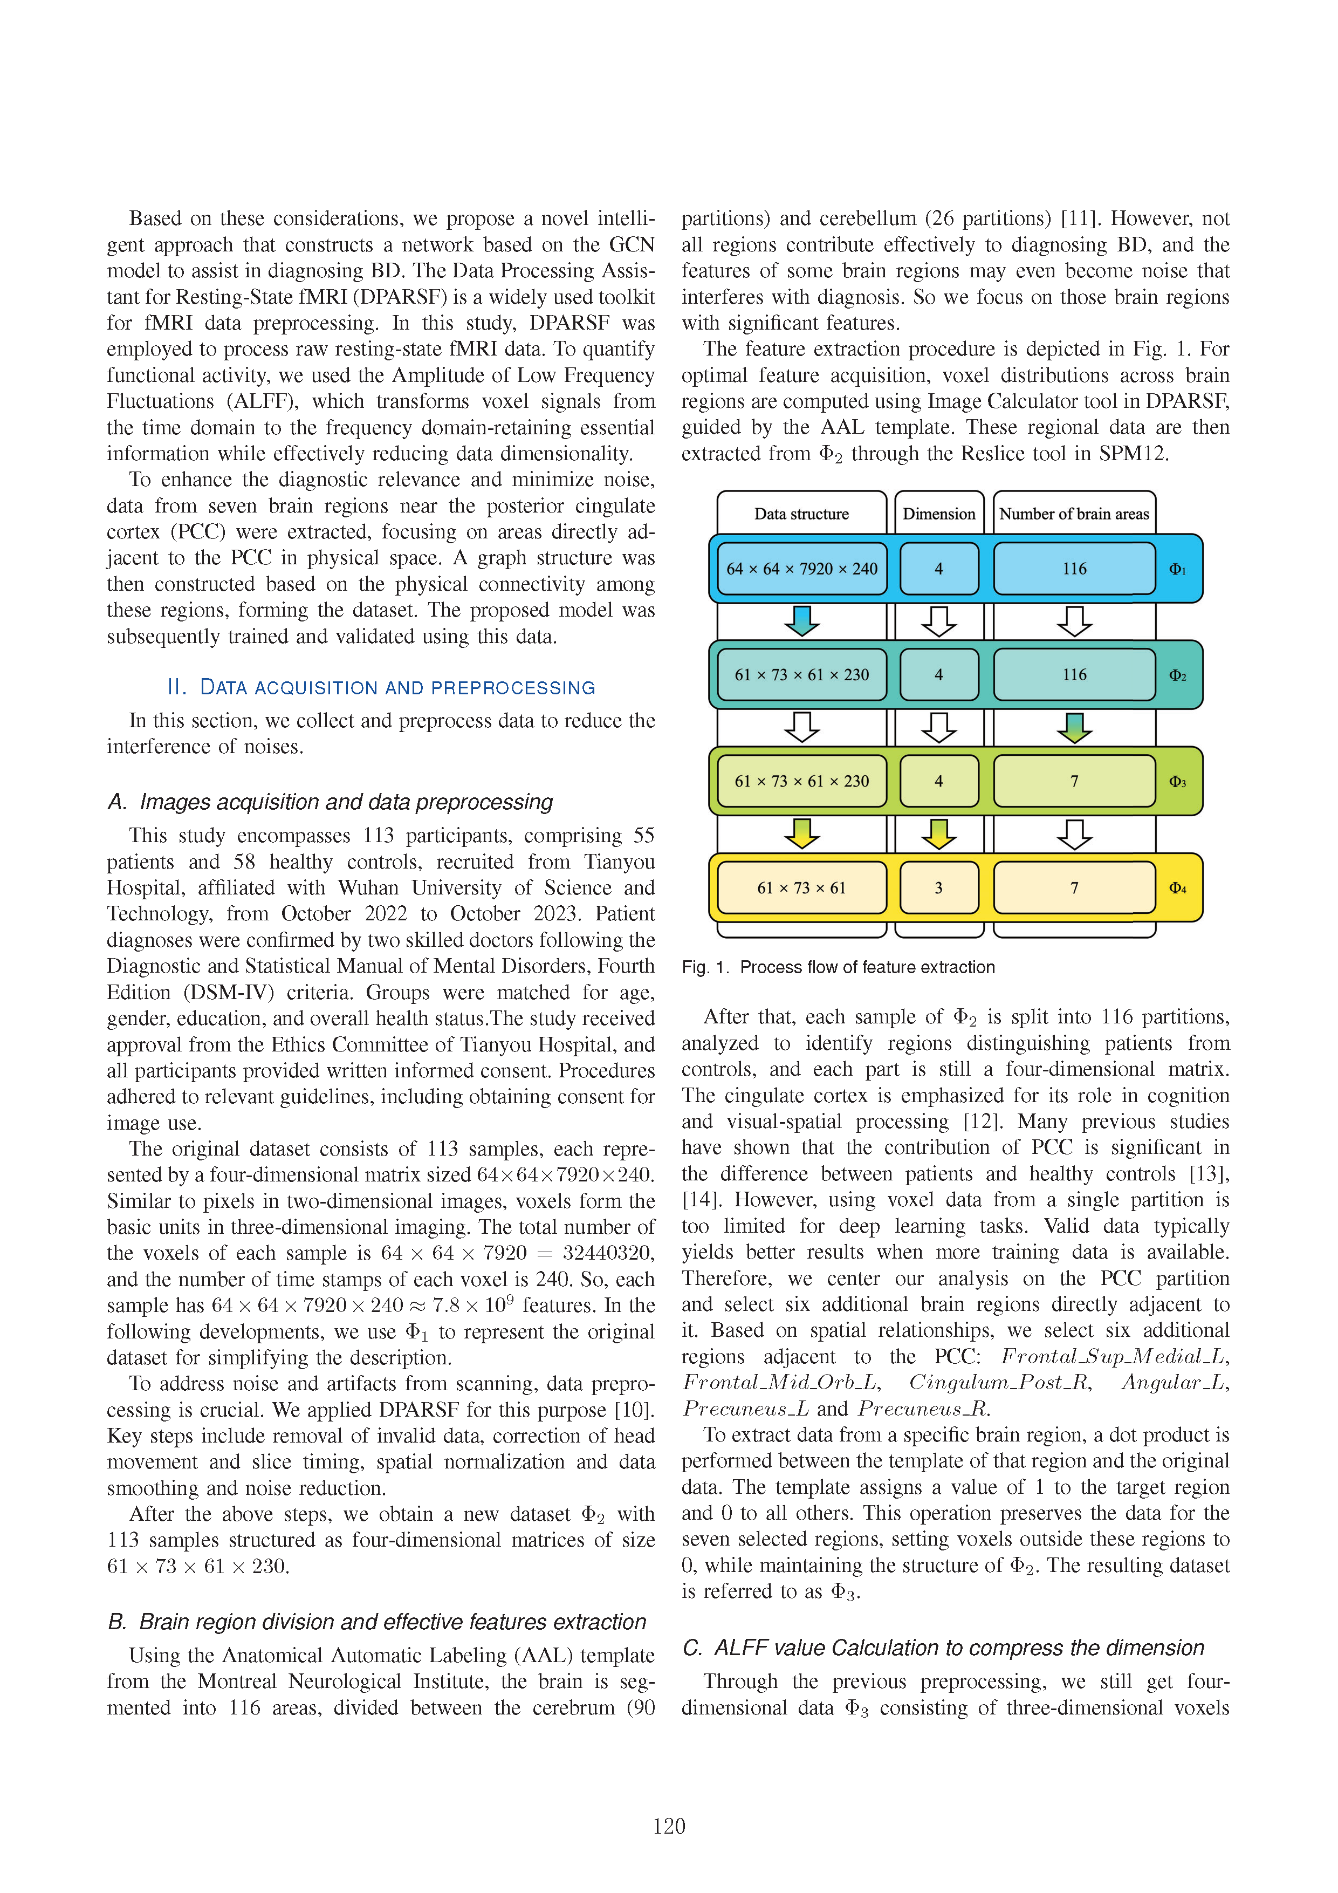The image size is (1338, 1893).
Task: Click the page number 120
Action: click(669, 1826)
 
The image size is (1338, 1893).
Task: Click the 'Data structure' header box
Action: click(801, 514)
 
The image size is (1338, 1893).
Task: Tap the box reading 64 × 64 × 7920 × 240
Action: click(801, 569)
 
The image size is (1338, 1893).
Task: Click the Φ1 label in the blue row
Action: click(1177, 570)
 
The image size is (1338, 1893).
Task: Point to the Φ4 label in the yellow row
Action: click(1177, 888)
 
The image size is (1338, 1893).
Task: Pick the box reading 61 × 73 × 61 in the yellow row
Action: click(801, 888)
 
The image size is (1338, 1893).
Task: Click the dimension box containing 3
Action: click(938, 888)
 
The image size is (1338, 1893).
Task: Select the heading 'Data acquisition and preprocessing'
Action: click(381, 688)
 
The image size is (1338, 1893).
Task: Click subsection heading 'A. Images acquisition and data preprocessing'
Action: click(330, 802)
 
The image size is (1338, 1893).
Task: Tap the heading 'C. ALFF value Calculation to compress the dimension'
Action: click(943, 1648)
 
